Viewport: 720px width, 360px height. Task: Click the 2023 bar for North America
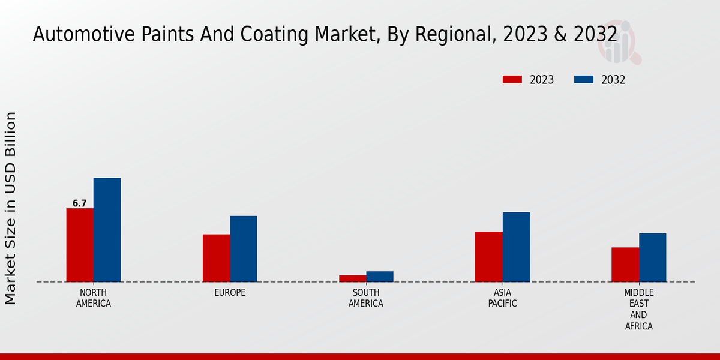(x=80, y=245)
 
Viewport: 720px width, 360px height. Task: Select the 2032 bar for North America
(x=107, y=230)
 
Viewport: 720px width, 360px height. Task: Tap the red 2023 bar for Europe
(x=216, y=258)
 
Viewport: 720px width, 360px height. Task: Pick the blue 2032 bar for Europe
(x=243, y=248)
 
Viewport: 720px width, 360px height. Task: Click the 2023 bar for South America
(x=352, y=278)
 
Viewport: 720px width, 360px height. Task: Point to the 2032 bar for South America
(x=380, y=277)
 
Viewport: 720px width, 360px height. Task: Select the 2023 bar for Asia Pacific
(x=488, y=257)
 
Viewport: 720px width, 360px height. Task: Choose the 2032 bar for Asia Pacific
(x=516, y=247)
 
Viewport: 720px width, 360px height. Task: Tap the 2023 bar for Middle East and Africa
(x=625, y=265)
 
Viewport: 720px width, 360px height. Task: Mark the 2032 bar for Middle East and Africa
(x=652, y=257)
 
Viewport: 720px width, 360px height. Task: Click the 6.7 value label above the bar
(x=80, y=203)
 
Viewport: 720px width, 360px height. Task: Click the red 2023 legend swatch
(x=512, y=80)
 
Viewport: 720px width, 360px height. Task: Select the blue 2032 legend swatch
(x=584, y=80)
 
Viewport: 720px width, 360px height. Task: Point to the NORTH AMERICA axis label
(x=94, y=298)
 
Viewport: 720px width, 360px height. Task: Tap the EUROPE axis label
(x=230, y=293)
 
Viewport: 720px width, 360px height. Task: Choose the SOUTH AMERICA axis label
(x=366, y=298)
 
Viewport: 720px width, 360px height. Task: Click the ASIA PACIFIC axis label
(x=503, y=298)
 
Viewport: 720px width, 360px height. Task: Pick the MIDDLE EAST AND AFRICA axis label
(x=639, y=310)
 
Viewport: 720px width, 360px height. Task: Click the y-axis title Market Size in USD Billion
(x=11, y=208)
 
